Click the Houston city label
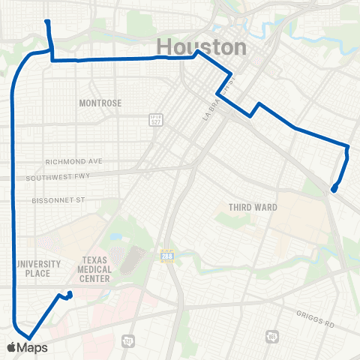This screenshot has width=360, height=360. tap(201, 47)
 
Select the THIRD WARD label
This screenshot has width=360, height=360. tap(253, 207)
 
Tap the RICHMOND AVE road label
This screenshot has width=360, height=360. tap(73, 161)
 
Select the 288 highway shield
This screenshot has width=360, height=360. tap(166, 256)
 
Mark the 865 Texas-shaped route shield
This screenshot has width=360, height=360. tap(271, 336)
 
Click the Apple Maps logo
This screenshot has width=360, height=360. tap(27, 347)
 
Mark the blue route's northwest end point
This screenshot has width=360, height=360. tap(47, 21)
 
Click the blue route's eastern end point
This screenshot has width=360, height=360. tap(332, 190)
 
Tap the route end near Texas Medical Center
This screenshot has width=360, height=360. tap(70, 293)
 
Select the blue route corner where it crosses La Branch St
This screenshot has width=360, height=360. tap(217, 94)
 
